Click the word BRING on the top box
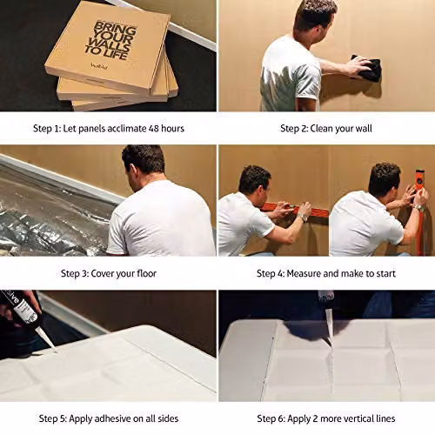(x=116, y=29)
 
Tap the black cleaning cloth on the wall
(x=367, y=68)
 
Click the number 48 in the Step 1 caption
(x=154, y=128)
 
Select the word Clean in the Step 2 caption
(x=322, y=128)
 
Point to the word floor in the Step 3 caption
(x=146, y=273)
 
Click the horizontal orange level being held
(x=294, y=211)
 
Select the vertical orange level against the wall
(x=421, y=211)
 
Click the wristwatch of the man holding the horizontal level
(x=303, y=217)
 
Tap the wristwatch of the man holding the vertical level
(x=417, y=207)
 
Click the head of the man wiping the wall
(x=315, y=17)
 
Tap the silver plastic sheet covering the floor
(x=52, y=211)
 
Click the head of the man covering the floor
(x=144, y=167)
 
